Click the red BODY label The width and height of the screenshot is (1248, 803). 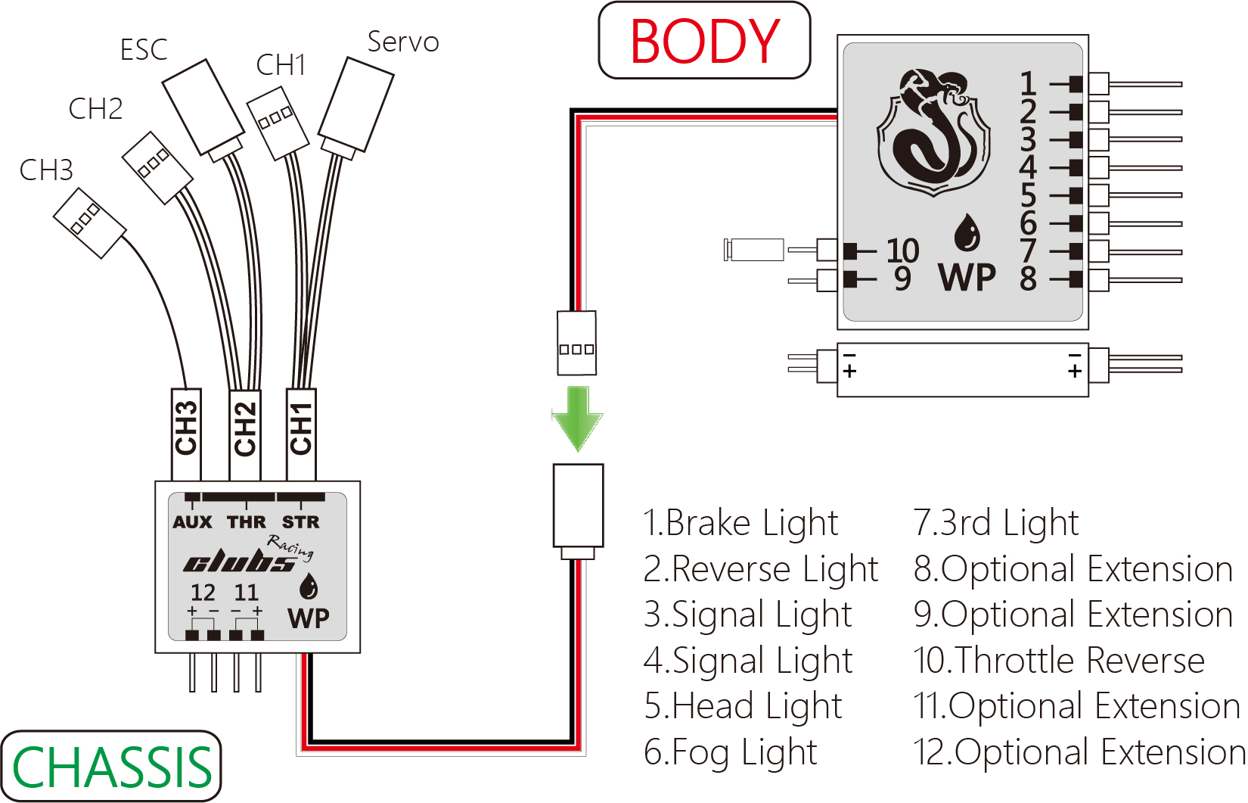(x=704, y=41)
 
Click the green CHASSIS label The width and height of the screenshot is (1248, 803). (x=112, y=767)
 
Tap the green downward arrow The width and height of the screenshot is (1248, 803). (x=578, y=419)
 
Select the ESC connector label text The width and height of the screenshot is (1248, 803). (x=144, y=50)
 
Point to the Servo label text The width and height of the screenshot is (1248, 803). (x=403, y=42)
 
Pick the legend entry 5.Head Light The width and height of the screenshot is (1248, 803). (x=743, y=706)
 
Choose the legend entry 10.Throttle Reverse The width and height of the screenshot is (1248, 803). (x=1059, y=661)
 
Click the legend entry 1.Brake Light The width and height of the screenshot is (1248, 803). (x=740, y=523)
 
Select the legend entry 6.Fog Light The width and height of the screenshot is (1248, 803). (x=731, y=752)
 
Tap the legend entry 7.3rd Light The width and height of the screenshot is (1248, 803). (x=996, y=523)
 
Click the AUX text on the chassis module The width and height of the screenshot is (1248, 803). (x=192, y=522)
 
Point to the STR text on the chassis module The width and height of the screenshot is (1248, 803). (x=301, y=522)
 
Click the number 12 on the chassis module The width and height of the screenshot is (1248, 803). (x=203, y=592)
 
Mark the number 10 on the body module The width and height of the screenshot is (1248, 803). (x=902, y=251)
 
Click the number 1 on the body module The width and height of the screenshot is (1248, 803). (x=1027, y=83)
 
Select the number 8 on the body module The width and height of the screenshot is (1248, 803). (x=1028, y=279)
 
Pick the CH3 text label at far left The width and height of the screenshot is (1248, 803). (x=46, y=170)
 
